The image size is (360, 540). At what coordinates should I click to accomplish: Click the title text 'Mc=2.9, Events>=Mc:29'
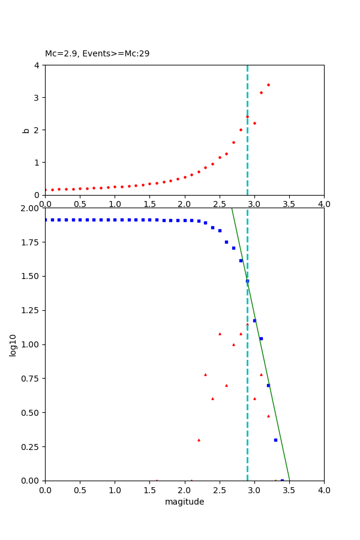(97, 54)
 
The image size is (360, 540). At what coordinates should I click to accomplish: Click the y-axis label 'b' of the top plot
(25, 130)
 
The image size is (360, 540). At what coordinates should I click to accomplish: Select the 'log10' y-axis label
(13, 345)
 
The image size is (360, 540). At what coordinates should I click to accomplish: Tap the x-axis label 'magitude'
(184, 502)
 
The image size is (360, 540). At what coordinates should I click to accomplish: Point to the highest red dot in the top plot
(268, 85)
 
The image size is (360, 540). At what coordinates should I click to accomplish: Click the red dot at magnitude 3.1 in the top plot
(261, 92)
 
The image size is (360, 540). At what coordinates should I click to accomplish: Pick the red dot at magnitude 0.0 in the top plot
(45, 190)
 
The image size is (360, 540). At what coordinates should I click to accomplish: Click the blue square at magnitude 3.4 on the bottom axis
(282, 480)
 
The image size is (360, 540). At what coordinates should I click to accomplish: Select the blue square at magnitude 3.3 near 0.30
(275, 440)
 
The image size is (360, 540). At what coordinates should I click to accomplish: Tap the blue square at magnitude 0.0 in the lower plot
(45, 220)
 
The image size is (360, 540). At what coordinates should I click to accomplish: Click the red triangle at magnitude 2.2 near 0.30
(199, 440)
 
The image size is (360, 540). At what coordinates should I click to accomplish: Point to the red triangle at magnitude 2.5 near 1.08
(220, 334)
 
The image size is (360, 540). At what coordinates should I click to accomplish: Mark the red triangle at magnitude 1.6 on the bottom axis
(157, 480)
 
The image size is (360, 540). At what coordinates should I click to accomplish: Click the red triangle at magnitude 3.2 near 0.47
(268, 416)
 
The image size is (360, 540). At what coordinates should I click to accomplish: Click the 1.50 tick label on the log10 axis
(31, 277)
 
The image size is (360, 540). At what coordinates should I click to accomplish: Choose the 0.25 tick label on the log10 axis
(31, 447)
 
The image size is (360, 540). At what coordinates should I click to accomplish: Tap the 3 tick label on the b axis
(37, 98)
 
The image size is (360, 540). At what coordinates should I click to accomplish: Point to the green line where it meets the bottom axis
(289, 480)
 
